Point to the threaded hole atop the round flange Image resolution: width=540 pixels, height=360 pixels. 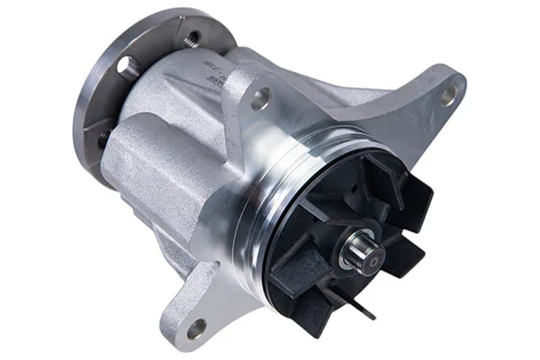coord(193,39)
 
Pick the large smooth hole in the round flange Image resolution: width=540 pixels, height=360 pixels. coord(125,65)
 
